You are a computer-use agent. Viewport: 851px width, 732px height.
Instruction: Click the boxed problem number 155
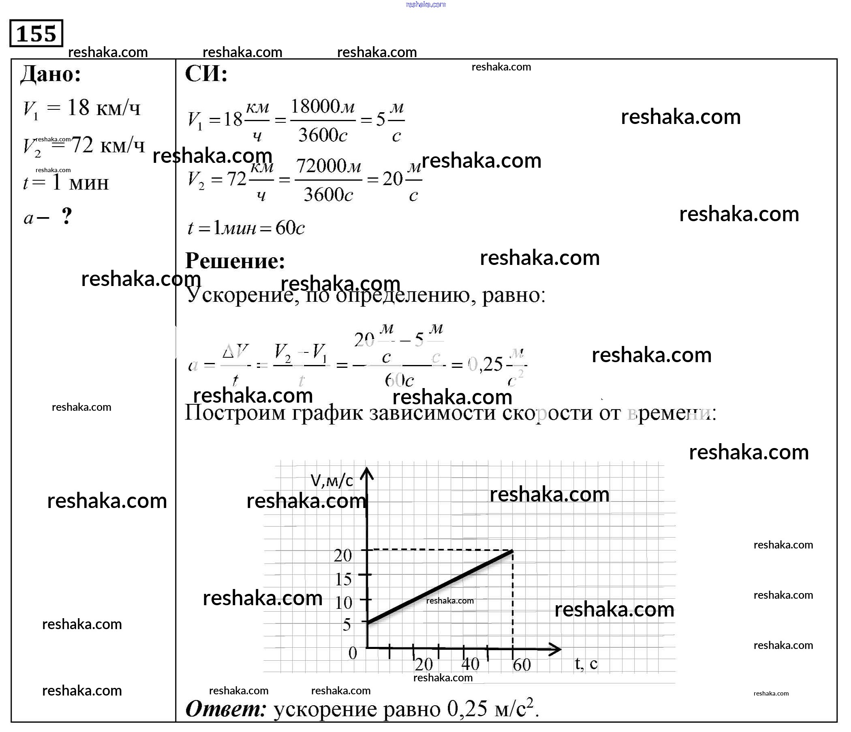(x=36, y=33)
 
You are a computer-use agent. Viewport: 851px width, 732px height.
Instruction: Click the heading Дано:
(x=51, y=74)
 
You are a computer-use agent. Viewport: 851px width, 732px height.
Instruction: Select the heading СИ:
(x=206, y=74)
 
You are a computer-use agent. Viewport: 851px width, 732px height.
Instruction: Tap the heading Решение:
(x=235, y=260)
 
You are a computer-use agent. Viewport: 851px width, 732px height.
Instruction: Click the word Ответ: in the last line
(x=226, y=709)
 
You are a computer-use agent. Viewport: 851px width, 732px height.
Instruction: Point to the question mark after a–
(x=66, y=216)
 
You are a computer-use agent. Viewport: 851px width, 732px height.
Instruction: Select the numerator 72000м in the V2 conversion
(x=328, y=166)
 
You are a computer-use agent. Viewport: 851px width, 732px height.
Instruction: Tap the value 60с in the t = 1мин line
(x=290, y=228)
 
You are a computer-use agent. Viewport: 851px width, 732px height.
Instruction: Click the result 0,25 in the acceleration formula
(x=485, y=364)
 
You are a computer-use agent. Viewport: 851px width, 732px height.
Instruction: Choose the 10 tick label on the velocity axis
(x=343, y=603)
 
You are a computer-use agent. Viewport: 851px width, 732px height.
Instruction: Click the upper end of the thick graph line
(x=512, y=551)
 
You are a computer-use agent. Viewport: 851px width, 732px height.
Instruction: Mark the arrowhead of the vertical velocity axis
(x=367, y=473)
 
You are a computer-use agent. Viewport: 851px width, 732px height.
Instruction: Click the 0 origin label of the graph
(x=353, y=653)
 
